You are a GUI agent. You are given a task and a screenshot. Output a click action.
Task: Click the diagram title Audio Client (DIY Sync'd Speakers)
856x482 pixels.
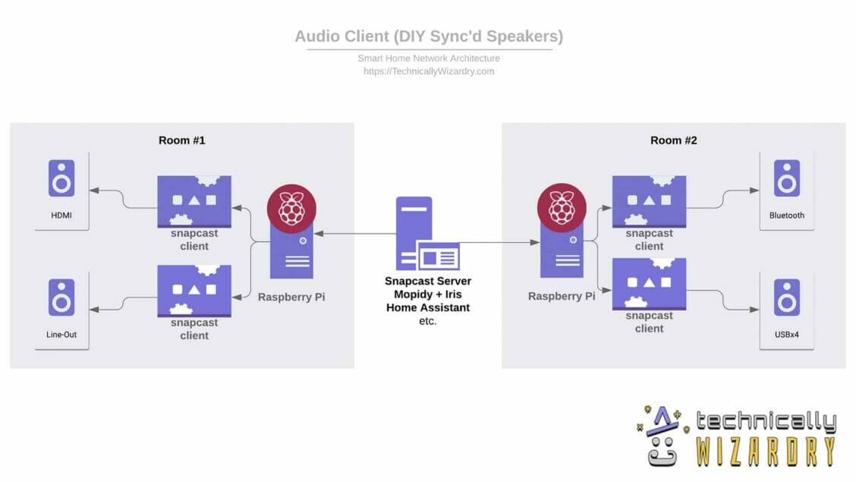click(429, 36)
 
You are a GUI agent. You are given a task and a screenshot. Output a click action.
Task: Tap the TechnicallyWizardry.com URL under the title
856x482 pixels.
click(429, 71)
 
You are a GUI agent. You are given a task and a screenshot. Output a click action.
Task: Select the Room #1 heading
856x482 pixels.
click(181, 140)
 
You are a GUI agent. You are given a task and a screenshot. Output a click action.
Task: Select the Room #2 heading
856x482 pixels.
click(673, 140)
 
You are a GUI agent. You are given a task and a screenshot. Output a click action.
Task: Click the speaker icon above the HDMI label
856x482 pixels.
click(61, 178)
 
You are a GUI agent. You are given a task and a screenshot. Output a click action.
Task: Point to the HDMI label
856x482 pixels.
click(61, 216)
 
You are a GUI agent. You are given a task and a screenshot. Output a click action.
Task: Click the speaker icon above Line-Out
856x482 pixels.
click(61, 298)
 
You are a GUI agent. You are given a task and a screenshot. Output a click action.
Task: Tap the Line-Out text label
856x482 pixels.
click(61, 335)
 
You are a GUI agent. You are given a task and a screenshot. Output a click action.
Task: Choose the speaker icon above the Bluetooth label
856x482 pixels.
click(786, 178)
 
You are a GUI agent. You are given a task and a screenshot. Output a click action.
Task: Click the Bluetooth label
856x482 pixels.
click(786, 216)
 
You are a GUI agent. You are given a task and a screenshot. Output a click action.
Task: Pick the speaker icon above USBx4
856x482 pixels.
click(786, 298)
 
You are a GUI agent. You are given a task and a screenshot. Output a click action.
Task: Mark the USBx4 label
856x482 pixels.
click(786, 335)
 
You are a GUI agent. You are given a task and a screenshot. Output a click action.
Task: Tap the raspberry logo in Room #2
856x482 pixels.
click(561, 206)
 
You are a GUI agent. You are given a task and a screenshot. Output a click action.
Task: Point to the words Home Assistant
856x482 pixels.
click(427, 307)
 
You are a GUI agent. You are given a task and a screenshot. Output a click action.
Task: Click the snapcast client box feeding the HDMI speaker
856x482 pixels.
click(194, 201)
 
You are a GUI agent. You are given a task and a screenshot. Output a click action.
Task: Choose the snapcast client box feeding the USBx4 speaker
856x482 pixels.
click(649, 284)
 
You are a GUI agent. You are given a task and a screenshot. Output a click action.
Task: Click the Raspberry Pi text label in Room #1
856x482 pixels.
click(291, 297)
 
